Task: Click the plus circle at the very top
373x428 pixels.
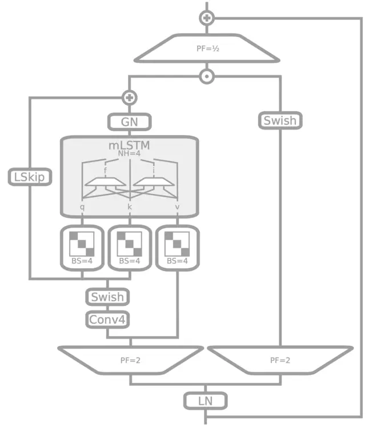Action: point(206,18)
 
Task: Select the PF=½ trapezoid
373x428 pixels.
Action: point(207,49)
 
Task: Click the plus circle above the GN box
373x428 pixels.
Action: point(130,97)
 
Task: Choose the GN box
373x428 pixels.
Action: point(130,122)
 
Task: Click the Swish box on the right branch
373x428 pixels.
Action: point(280,121)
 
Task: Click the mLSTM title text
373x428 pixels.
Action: point(130,146)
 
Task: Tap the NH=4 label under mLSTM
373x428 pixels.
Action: point(130,154)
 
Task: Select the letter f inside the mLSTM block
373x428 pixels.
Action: point(105,171)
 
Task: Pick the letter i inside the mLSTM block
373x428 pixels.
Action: point(154,171)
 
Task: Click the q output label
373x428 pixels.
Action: point(82,207)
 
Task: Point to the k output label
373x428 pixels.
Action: point(130,207)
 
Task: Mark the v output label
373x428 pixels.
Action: point(178,207)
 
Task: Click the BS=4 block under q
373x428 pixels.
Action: point(82,248)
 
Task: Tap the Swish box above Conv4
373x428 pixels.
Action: point(107,297)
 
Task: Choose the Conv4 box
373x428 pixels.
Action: point(107,320)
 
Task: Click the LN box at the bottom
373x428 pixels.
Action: point(206,401)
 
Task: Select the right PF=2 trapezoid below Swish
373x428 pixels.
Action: point(280,360)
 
